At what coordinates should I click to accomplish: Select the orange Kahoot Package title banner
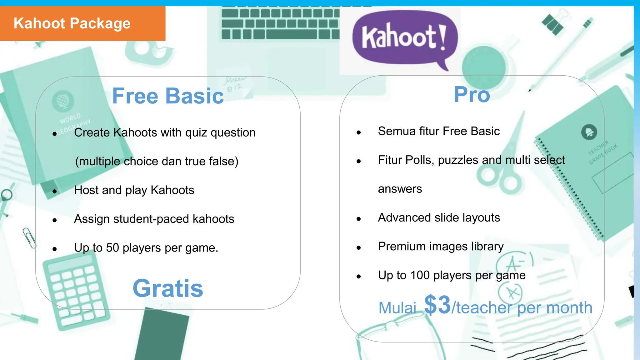click(82, 24)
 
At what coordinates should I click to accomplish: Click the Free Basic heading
click(168, 96)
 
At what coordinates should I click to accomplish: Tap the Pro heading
click(472, 94)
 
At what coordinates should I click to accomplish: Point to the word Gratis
click(168, 288)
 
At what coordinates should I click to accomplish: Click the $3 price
click(437, 305)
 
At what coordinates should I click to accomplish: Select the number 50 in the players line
click(112, 248)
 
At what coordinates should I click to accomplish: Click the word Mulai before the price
click(397, 308)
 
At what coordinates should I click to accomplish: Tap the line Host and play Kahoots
click(134, 190)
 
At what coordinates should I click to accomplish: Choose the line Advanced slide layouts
click(439, 217)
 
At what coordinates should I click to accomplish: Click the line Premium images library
click(441, 247)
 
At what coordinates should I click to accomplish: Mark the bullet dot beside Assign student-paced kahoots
click(55, 220)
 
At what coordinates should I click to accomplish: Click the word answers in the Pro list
click(400, 189)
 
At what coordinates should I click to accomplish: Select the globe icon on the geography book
click(63, 101)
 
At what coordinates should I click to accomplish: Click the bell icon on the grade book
click(589, 132)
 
